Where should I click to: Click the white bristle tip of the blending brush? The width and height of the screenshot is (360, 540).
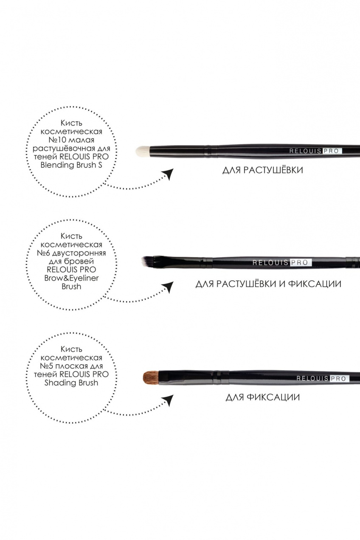coord(143,151)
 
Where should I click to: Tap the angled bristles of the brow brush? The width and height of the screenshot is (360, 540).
coord(147,261)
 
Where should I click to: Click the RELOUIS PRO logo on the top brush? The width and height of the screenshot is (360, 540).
coord(315,151)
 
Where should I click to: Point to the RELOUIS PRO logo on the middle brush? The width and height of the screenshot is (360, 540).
coord(282,262)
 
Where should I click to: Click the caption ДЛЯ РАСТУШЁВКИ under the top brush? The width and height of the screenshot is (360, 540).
coord(263,170)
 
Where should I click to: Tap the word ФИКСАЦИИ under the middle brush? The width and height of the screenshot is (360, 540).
coord(315,284)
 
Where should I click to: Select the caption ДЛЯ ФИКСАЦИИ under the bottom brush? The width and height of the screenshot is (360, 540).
coord(263,397)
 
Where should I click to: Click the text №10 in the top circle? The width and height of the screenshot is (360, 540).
coord(55,140)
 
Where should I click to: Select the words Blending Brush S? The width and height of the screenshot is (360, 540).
coord(71,166)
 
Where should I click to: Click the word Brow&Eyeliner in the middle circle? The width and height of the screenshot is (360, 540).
coord(71,278)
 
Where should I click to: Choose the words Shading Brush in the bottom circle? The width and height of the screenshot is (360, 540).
coord(71,383)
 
